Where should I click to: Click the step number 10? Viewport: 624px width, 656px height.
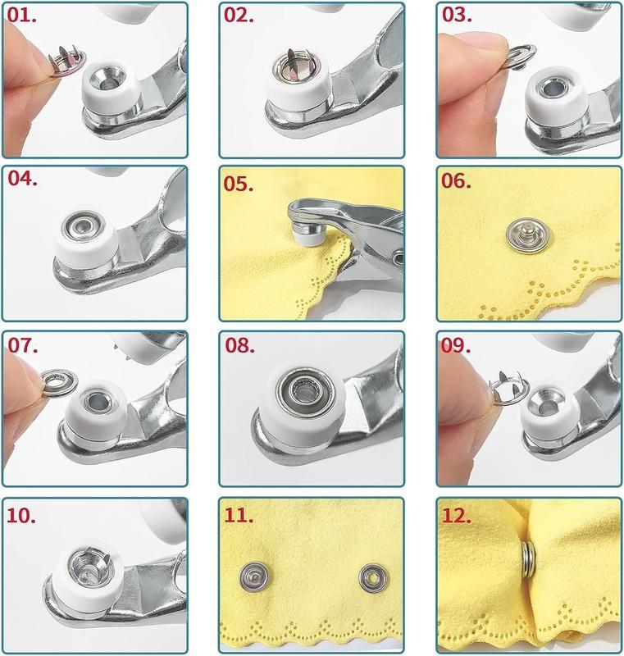[26, 517]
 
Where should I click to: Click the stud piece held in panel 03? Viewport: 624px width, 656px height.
[490, 58]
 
